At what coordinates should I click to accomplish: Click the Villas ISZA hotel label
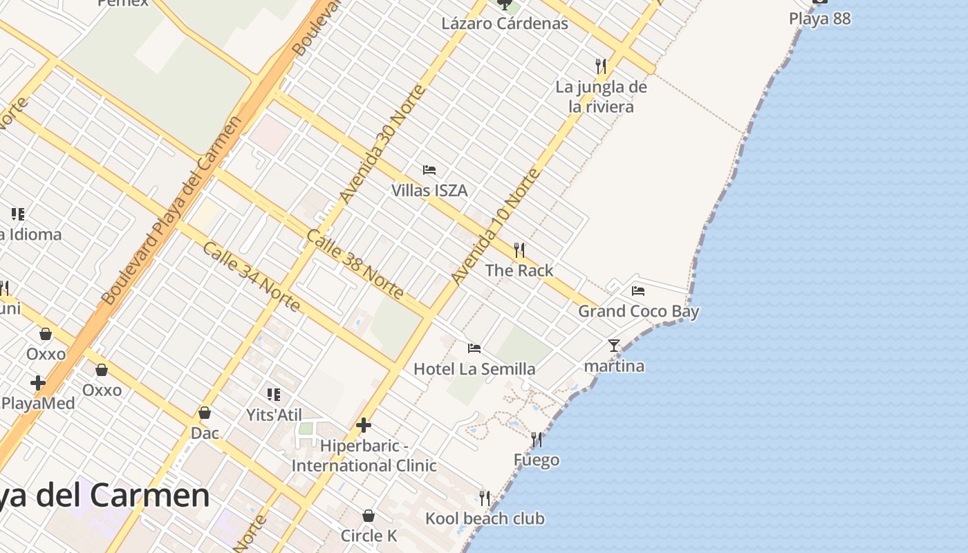tap(429, 190)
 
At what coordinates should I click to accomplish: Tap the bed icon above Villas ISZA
tap(429, 170)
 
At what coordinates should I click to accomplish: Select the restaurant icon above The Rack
tap(519, 250)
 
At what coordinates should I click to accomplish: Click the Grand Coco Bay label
tap(638, 311)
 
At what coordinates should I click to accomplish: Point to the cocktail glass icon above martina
tap(614, 346)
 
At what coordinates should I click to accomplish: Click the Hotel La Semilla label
tap(474, 369)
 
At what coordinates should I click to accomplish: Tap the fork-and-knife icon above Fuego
tap(537, 440)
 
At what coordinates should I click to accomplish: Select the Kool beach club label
tap(485, 518)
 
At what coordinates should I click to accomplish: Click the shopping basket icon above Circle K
tap(369, 516)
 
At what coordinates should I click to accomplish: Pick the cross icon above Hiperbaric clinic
tap(364, 425)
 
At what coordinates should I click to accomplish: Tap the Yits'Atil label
tap(274, 415)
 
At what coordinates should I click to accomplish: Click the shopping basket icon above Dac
tap(205, 413)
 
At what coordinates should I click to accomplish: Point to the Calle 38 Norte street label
tap(355, 264)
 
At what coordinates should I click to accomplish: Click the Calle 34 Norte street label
tap(251, 276)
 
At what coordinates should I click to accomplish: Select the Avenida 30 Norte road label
tap(382, 145)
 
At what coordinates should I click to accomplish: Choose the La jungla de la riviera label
tap(601, 97)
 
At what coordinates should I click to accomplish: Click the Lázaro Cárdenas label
tap(505, 24)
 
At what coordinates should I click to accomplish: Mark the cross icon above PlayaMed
tap(38, 383)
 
